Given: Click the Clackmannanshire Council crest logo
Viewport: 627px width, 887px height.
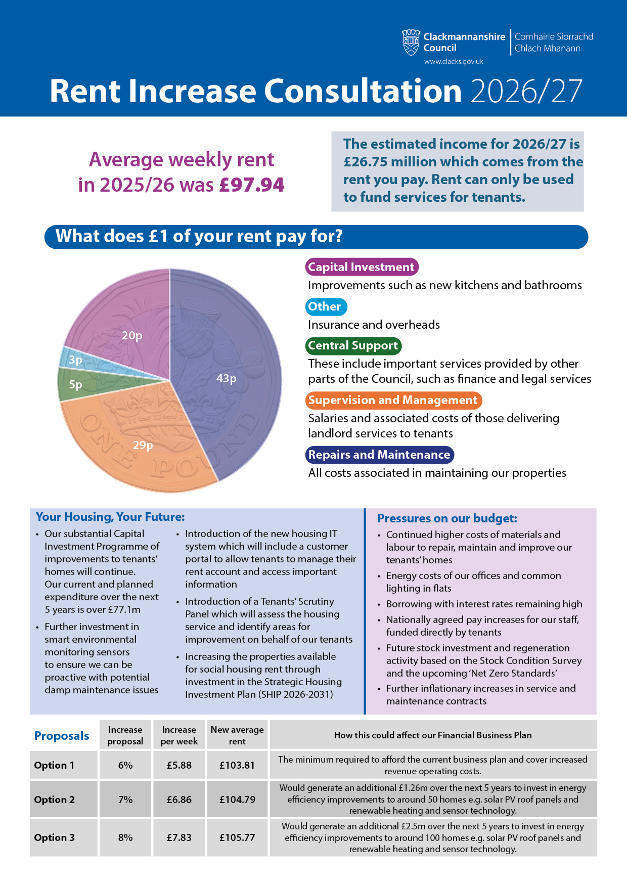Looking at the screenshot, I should pos(411,42).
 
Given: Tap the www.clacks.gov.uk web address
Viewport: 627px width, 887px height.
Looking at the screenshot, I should pos(454,62).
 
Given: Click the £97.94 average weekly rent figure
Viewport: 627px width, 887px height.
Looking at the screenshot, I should pos(252,185).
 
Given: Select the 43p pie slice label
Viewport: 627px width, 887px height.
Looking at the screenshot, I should pos(226,378).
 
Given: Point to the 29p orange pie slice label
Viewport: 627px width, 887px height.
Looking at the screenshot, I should pos(143,445).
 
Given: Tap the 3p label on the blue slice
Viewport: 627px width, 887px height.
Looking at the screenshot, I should pos(75,360).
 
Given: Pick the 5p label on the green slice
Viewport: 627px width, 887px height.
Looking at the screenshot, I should pos(76,385).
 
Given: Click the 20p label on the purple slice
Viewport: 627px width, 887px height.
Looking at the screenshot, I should pos(132,335).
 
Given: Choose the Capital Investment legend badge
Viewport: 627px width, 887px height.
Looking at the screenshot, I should pos(362,267).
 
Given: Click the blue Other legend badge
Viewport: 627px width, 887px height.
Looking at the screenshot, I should pos(325,306).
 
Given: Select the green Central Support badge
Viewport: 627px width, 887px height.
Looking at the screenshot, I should pos(353,346).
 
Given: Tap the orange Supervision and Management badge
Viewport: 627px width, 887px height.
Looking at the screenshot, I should pos(393,401).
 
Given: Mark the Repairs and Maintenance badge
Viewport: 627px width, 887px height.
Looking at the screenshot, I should pos(379,455).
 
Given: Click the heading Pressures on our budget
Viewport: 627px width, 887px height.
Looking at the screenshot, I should pos(447,518).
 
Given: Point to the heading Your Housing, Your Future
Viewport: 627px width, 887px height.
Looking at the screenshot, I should pos(110,517).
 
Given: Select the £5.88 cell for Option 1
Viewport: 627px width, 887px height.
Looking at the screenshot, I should pos(179,765).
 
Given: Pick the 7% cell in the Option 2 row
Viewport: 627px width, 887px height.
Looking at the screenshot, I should pos(125,800).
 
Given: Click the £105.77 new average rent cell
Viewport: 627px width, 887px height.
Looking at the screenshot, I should pos(237,837).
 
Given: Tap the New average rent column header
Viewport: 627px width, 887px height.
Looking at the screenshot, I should pos(237,735).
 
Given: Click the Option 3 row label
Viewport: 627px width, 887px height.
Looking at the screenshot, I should pos(55,837).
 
